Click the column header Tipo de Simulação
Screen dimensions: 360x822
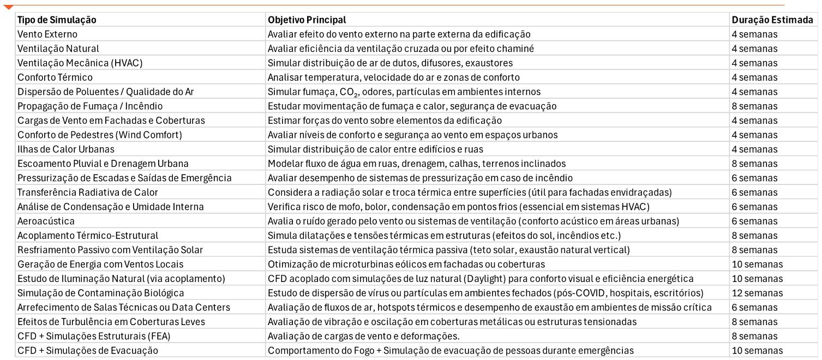[x=57, y=20]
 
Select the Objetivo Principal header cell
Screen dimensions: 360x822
[x=307, y=20]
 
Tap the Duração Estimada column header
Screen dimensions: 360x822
[x=772, y=20]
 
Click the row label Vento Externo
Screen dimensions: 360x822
[x=47, y=34]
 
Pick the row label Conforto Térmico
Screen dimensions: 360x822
[x=55, y=77]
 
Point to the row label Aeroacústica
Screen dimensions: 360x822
[x=46, y=221]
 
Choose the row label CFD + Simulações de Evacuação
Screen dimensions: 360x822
[x=88, y=350]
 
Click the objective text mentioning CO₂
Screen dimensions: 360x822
[x=403, y=92]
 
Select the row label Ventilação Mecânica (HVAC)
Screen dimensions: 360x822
[x=80, y=63]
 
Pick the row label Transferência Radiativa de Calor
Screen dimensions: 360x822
[x=88, y=192]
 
